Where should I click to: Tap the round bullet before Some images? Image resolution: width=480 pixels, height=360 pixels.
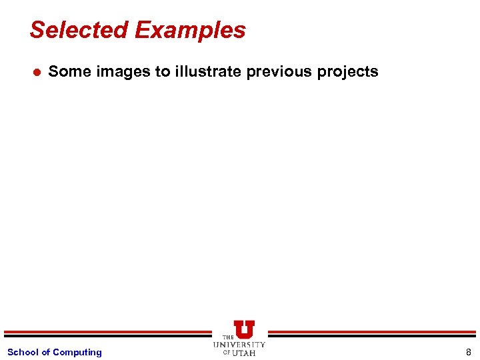(x=37, y=72)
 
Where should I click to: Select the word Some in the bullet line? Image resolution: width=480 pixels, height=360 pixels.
(x=69, y=71)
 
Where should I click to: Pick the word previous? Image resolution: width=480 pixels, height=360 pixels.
(x=279, y=71)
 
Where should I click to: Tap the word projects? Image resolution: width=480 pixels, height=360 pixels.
(x=347, y=71)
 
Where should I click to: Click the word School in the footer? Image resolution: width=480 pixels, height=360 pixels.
(x=23, y=352)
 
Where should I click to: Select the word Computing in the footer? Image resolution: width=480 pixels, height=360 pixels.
(x=77, y=352)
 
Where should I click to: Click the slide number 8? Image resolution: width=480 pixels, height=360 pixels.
(x=469, y=352)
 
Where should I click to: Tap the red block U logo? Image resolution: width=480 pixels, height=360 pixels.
(x=243, y=329)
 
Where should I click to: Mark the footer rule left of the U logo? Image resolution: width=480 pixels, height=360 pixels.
(x=107, y=333)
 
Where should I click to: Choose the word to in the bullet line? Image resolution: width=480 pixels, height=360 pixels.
(x=163, y=71)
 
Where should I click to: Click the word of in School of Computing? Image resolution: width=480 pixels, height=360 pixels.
(x=46, y=352)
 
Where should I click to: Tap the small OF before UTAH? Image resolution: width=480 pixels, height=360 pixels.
(x=227, y=353)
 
